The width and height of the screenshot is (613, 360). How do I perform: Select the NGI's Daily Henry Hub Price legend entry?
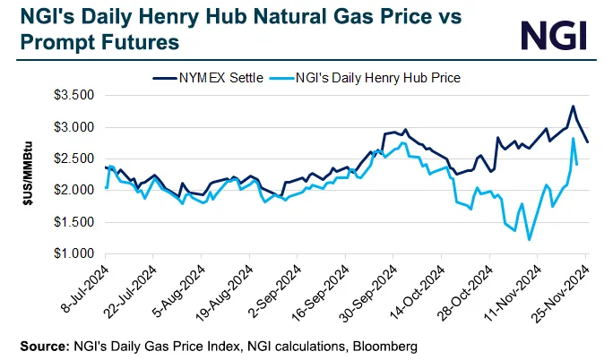pyautogui.click(x=367, y=78)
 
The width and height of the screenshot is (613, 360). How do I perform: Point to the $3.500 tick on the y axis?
pyautogui.click(x=75, y=94)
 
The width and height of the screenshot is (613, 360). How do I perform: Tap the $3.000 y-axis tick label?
pyautogui.click(x=75, y=127)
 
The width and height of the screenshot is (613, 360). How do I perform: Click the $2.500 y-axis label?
pyautogui.click(x=75, y=159)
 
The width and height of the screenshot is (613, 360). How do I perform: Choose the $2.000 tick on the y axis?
pyautogui.click(x=75, y=191)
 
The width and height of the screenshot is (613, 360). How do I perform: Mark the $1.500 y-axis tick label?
pyautogui.click(x=75, y=222)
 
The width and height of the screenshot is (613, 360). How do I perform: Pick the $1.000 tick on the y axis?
pyautogui.click(x=75, y=254)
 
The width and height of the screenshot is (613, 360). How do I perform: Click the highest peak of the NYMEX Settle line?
pyautogui.click(x=573, y=106)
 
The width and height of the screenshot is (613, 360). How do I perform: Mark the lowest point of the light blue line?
pyautogui.click(x=529, y=240)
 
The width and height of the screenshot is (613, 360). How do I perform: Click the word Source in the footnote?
pyautogui.click(x=41, y=344)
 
